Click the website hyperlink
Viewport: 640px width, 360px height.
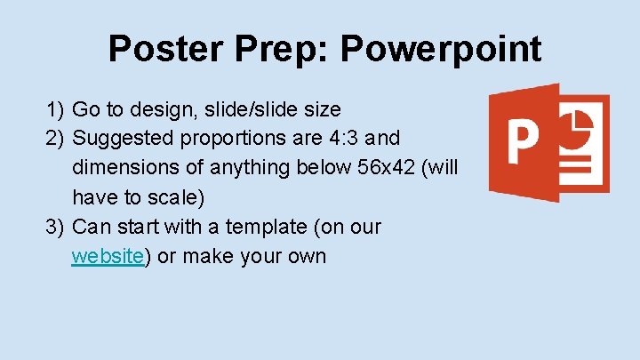click(x=108, y=257)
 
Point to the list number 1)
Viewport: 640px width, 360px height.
click(x=56, y=110)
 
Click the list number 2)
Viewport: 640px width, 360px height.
click(x=56, y=139)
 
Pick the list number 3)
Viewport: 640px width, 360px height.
click(x=56, y=227)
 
